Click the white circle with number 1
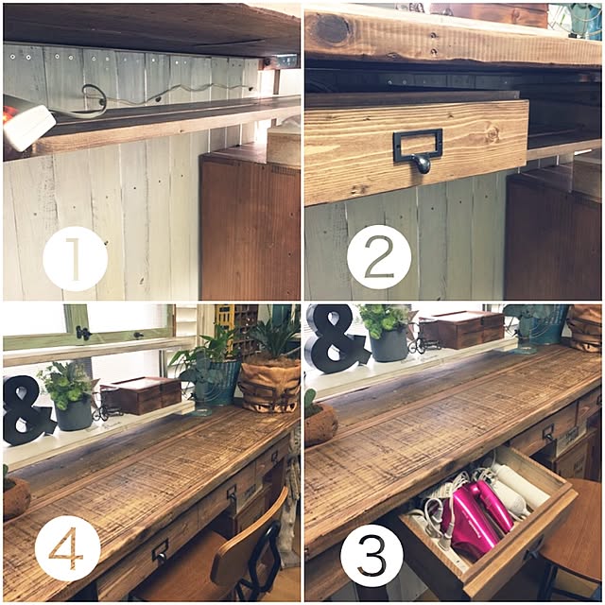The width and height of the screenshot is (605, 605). point(75,259)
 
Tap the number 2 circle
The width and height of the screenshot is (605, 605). point(378,257)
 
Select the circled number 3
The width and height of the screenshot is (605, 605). point(372,555)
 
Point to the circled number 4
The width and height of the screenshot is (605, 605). point(67,548)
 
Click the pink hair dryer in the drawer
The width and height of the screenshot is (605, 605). point(476,517)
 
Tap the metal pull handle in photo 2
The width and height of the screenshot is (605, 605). point(418,150)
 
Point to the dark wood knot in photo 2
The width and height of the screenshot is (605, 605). point(332,28)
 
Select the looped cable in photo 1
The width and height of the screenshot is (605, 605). point(93,101)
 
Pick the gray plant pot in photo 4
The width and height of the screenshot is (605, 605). point(73,414)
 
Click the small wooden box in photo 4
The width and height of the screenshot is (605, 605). point(141,395)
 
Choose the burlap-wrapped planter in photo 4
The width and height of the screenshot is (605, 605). point(270,385)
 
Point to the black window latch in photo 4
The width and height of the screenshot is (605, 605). point(83,333)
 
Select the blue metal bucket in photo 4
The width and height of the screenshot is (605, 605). point(216,382)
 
